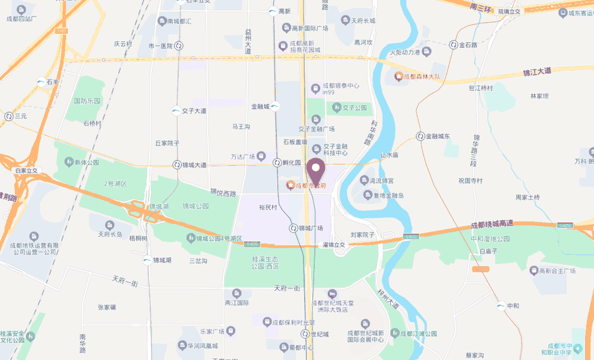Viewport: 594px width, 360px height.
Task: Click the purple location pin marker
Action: (315, 170)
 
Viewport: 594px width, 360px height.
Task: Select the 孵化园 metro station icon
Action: (277, 163)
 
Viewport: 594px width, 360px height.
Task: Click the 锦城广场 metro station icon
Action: (293, 228)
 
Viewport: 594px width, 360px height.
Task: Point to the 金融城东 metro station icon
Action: (420, 136)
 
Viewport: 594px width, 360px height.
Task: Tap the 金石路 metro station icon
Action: (453, 45)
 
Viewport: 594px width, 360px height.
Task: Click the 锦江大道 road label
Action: (537, 72)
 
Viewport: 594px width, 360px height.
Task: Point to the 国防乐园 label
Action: (87, 101)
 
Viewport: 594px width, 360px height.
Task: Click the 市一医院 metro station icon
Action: (179, 46)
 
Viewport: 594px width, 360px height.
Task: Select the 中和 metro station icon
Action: (501, 305)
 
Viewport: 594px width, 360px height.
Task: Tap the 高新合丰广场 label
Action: (557, 271)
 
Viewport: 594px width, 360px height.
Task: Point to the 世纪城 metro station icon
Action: (305, 334)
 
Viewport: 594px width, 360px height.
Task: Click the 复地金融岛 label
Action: (384, 195)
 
